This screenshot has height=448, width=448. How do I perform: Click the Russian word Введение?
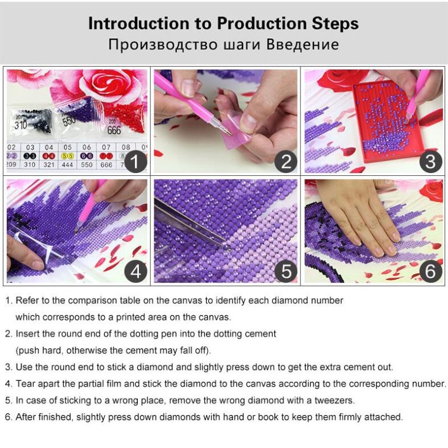point(303,44)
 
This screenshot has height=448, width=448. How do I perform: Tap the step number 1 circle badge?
point(135,162)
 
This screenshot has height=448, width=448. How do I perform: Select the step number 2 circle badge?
point(286,162)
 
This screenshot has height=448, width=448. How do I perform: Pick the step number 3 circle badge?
point(430,162)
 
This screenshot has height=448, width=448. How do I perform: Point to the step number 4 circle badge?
point(135,271)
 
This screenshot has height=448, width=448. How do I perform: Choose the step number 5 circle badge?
point(286,271)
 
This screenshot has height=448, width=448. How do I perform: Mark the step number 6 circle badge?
point(430,271)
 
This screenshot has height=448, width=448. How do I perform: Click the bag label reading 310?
point(20,124)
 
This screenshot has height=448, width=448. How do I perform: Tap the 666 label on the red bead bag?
point(114,130)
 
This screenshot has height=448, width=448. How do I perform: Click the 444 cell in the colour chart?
point(67,165)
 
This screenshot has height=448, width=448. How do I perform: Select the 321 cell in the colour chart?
point(49,165)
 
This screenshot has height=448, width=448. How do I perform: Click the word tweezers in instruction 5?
point(334,400)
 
